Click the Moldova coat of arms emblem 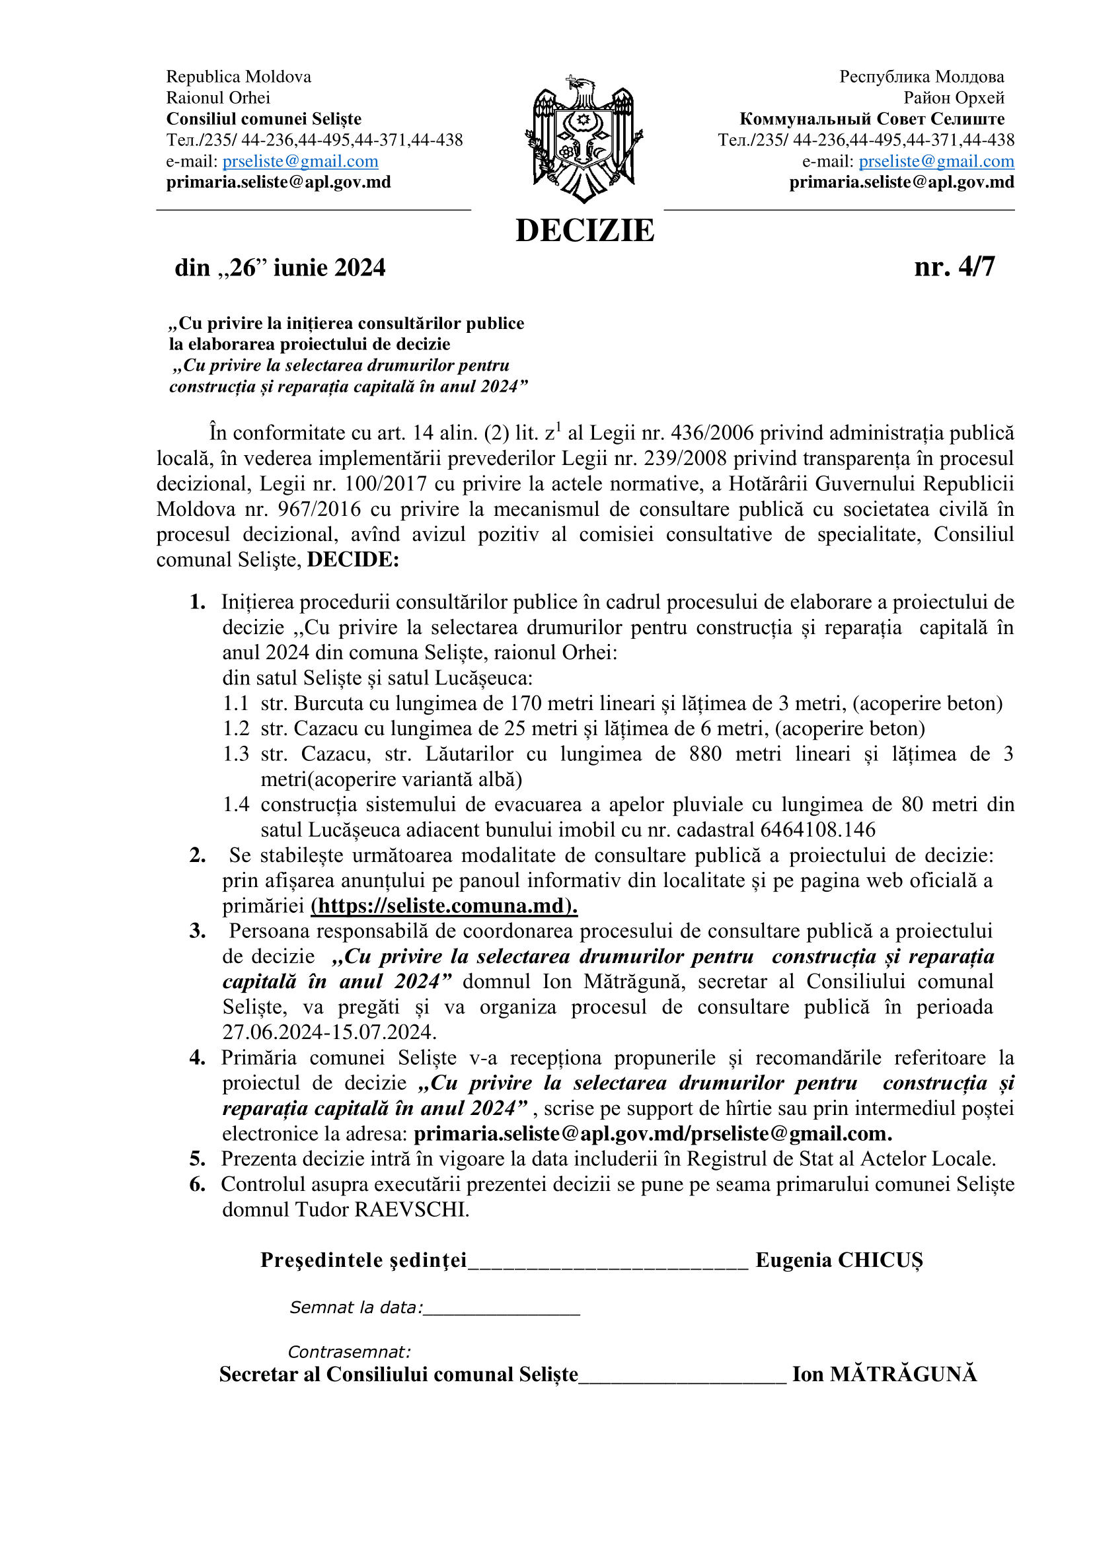[x=583, y=139]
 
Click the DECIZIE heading [x=584, y=231]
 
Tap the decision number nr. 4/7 [x=954, y=267]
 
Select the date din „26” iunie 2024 [x=280, y=268]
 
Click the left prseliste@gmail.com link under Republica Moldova [x=300, y=161]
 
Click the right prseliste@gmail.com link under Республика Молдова [x=936, y=161]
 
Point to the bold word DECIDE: [x=353, y=560]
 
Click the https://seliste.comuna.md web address [x=443, y=906]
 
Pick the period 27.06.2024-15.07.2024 [x=329, y=1032]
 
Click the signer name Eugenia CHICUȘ [x=839, y=1260]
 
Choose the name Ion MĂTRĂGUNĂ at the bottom [x=884, y=1374]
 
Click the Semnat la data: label [x=356, y=1307]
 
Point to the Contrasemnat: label [x=349, y=1352]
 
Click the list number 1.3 [x=235, y=754]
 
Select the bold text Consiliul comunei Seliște [x=264, y=119]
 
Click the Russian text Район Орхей [x=953, y=98]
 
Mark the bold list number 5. [x=197, y=1159]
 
